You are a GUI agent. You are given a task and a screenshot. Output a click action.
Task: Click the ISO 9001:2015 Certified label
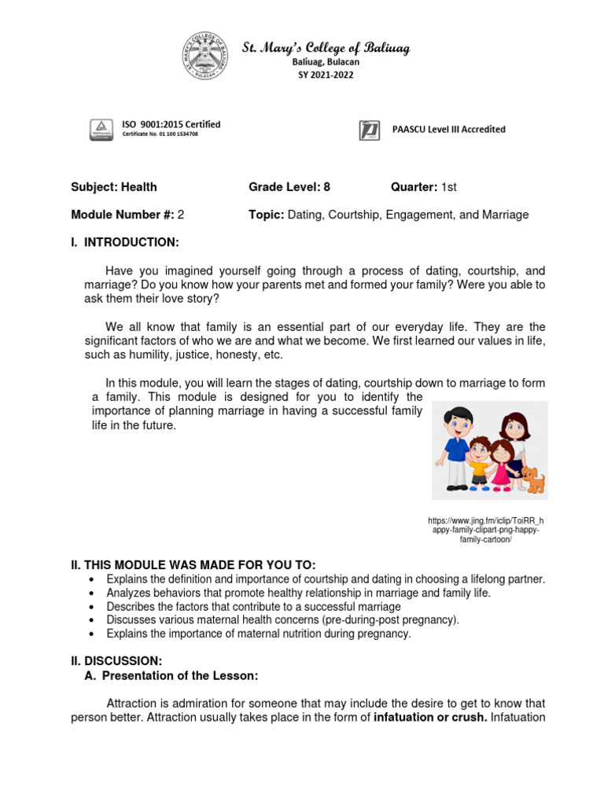coord(171,124)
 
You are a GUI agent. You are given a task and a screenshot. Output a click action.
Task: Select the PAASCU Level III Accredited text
coord(448,130)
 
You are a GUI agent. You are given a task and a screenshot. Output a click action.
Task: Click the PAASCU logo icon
coord(370,130)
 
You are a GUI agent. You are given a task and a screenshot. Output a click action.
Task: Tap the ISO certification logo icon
coord(100,129)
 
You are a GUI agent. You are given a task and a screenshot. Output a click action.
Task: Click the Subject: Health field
coord(114,187)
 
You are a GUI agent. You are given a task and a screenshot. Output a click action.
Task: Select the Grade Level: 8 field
coord(289,187)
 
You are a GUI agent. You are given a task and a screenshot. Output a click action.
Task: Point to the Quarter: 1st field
coord(424,187)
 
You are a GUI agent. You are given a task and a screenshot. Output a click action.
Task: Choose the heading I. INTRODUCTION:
coord(125,242)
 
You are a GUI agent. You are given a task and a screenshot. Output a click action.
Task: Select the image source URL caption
coord(485,530)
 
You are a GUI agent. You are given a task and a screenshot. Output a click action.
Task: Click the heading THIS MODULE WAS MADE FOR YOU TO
coord(193,565)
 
